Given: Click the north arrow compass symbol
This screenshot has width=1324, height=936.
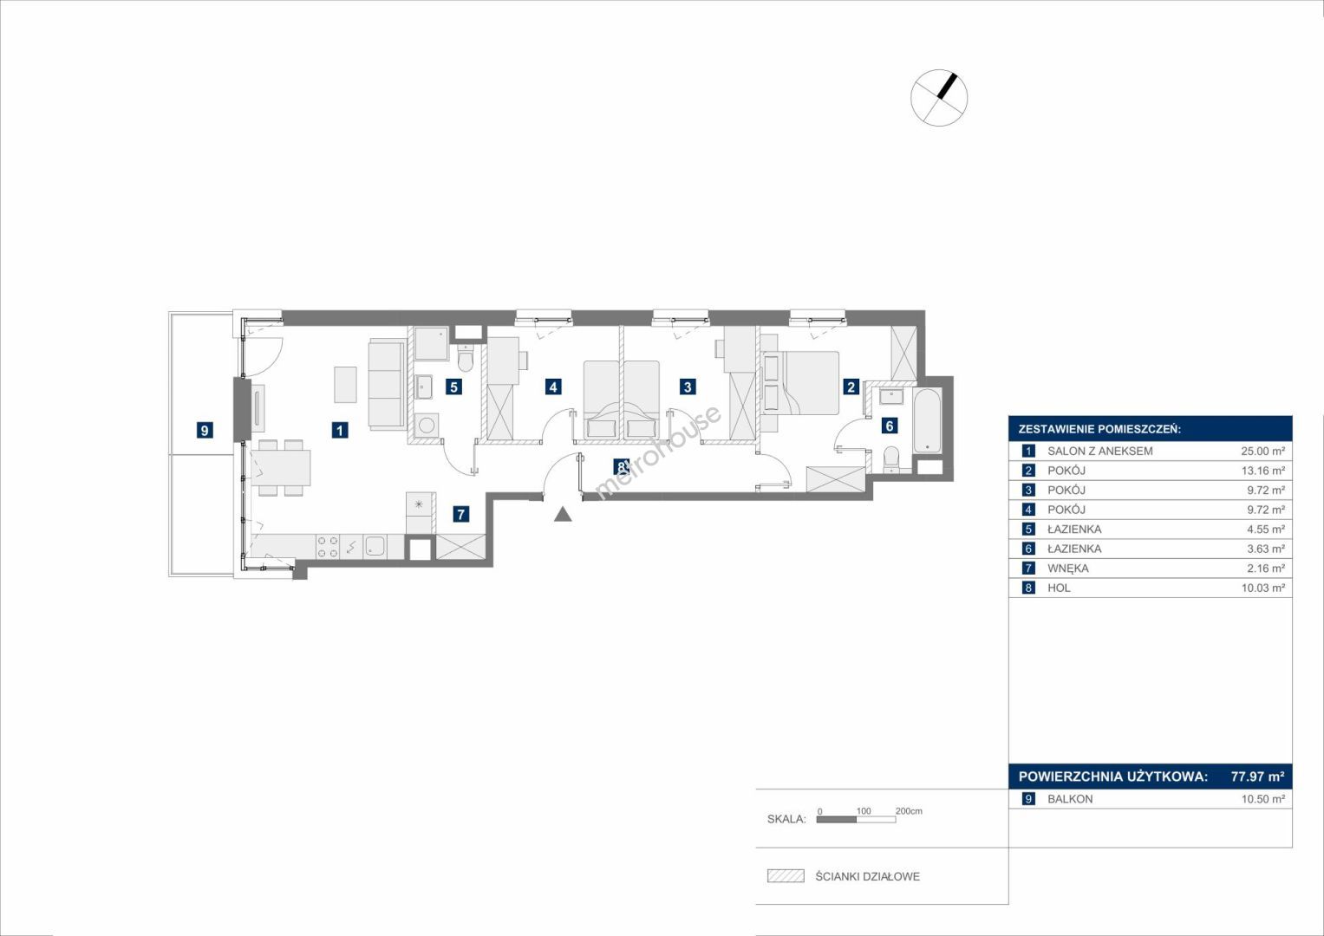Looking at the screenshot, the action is [939, 97].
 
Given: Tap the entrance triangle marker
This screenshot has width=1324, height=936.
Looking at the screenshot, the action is [564, 515].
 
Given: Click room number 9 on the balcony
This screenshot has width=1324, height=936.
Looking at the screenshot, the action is [205, 430].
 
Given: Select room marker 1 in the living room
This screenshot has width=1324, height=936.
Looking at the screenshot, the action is [340, 430].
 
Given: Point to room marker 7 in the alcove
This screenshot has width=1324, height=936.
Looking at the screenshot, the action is [461, 514].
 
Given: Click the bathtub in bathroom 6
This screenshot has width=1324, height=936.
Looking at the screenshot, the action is [928, 420].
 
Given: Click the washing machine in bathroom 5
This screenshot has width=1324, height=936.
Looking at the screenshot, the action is [427, 425].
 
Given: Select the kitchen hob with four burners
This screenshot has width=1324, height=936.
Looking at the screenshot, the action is [328, 547].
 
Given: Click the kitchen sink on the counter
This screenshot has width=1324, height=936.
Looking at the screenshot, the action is [375, 547].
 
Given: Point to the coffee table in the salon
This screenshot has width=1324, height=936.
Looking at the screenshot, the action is [346, 385].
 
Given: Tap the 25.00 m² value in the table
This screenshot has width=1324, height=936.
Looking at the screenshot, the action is [1263, 451].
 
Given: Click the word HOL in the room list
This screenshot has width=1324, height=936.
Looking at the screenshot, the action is [1059, 588].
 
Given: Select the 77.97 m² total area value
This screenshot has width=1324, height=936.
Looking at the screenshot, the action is [1258, 777].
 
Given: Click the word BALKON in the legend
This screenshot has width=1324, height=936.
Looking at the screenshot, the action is [1071, 799].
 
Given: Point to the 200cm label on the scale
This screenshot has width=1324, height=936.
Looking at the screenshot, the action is [909, 811].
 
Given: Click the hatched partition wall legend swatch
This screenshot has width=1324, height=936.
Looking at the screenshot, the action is [786, 875].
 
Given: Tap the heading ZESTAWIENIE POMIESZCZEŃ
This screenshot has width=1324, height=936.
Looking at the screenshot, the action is [1100, 430].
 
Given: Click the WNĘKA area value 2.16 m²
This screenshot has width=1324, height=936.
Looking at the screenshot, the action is [1266, 569].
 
